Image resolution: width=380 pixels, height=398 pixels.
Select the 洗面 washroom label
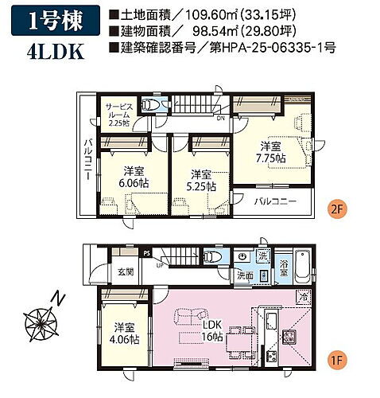pyautogui.click(x=245, y=275)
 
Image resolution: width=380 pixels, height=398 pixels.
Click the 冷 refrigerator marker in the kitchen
pyautogui.click(x=304, y=297)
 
